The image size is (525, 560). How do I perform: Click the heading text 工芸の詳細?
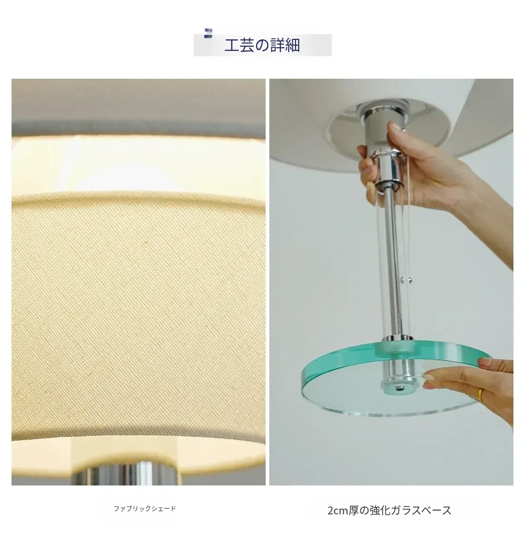point(262,45)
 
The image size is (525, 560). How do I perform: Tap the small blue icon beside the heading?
point(208,33)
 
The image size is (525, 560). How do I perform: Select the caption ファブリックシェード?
point(145,508)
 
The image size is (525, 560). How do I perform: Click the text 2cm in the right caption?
point(338,510)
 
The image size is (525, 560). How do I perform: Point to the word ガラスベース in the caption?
point(421,510)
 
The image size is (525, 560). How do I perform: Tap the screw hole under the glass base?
point(397,388)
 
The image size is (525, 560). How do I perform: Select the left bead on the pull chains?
point(403,281)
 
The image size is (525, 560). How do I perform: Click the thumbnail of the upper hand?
point(396,126)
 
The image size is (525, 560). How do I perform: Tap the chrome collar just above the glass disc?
point(397,338)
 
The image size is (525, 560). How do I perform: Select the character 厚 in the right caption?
point(353,510)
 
